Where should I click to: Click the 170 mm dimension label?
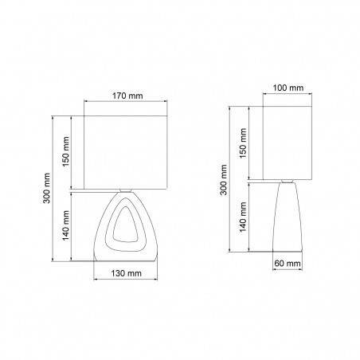pos(127,96)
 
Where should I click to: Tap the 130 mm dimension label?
pos(126,273)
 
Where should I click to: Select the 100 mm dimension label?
pos(288,88)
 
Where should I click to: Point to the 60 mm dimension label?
pos(288,264)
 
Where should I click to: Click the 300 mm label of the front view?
pos(47,188)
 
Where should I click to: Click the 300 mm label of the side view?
pos(224,180)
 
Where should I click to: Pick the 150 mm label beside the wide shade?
pos(65,151)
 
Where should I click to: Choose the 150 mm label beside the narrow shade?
pos(243,143)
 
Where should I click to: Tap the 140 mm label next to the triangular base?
pos(65,225)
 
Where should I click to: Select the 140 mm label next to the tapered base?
pos(243,217)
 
